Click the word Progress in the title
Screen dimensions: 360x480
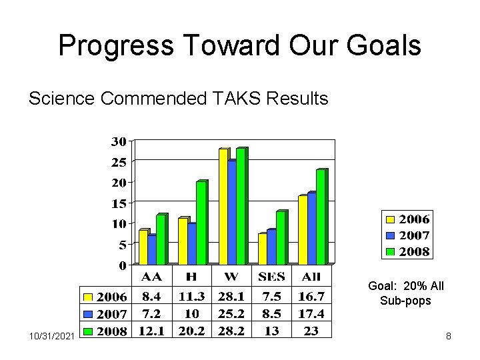click(x=115, y=45)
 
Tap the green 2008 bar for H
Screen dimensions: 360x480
click(x=201, y=222)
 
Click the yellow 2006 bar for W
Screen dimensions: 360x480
click(x=223, y=206)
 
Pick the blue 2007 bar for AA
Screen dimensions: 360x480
click(x=152, y=249)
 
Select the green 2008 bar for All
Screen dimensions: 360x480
click(x=321, y=217)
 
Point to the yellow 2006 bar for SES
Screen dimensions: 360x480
click(x=262, y=249)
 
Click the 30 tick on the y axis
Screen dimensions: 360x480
click(x=119, y=141)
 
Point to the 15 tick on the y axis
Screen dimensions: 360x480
click(x=119, y=203)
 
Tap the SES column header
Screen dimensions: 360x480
click(x=272, y=276)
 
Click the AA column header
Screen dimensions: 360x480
click(x=152, y=276)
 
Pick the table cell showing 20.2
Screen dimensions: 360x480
click(x=192, y=330)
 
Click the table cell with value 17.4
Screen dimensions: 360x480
click(x=311, y=313)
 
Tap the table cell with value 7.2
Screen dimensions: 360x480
click(x=152, y=313)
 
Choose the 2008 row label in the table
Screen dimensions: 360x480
click(x=112, y=330)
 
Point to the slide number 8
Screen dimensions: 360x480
click(x=449, y=337)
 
